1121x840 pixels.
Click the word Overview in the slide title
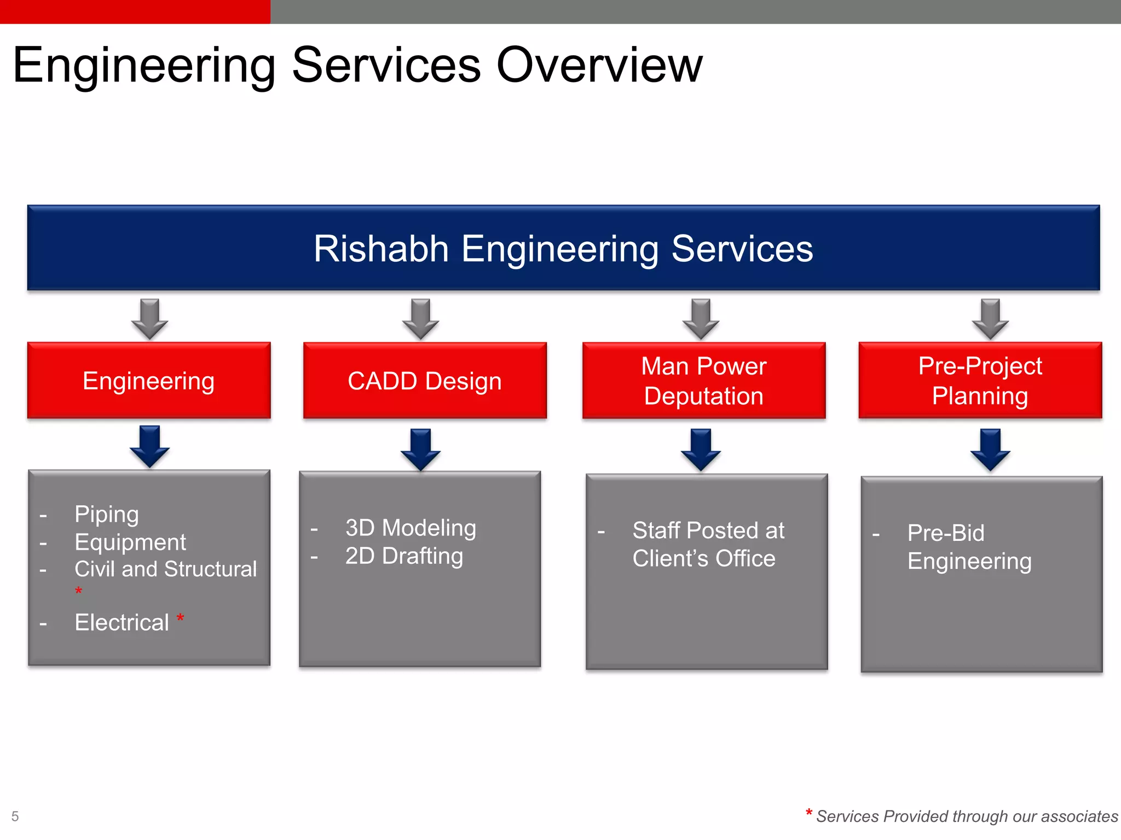tap(599, 66)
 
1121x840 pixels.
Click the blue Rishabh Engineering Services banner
tap(563, 248)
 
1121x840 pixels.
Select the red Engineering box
tap(149, 381)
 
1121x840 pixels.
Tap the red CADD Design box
tap(425, 381)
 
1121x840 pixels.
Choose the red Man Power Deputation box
tap(704, 381)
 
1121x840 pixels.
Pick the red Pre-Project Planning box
tap(980, 381)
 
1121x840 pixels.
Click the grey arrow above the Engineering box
tap(149, 319)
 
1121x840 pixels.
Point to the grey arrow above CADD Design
tap(420, 319)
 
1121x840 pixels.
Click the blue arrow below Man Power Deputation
tap(701, 450)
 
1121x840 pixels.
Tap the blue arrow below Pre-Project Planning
tap(990, 450)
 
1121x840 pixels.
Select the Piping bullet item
tap(107, 515)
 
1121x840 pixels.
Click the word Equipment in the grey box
tap(130, 542)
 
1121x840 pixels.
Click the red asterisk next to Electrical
tap(180, 619)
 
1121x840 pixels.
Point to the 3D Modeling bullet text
tap(411, 528)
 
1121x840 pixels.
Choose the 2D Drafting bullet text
tap(404, 556)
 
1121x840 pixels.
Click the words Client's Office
tap(704, 558)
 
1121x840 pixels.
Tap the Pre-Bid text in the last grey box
tap(946, 533)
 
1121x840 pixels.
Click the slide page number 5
tap(15, 816)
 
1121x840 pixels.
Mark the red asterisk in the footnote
tap(808, 813)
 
